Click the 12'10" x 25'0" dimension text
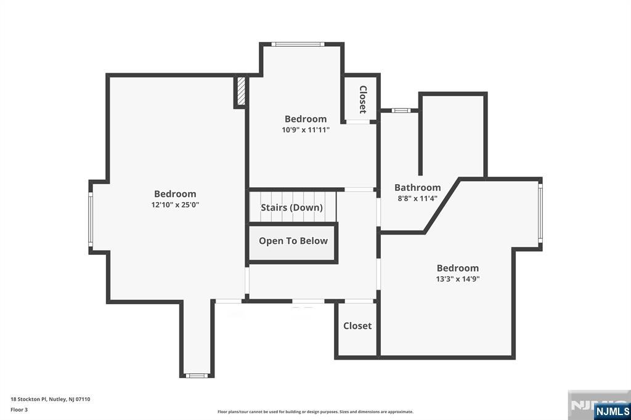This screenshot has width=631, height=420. point(175,205)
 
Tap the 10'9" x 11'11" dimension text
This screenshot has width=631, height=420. point(306,130)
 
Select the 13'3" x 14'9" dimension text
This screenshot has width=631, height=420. point(457,279)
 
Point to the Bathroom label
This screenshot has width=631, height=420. point(417,187)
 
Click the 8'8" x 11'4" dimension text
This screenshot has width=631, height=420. point(417,198)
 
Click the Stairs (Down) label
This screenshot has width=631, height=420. point(291,208)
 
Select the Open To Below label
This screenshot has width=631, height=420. point(293,241)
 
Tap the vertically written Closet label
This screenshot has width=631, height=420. point(363,99)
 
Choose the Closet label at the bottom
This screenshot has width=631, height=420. point(357,326)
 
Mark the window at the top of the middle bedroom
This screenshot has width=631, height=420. point(299,44)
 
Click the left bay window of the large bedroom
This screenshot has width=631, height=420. point(91,217)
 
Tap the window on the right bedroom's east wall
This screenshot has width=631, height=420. point(540,212)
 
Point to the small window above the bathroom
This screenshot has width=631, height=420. point(401,111)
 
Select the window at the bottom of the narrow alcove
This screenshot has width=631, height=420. point(197,375)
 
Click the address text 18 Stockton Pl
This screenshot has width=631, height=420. point(51,399)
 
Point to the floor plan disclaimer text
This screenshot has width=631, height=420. point(315,411)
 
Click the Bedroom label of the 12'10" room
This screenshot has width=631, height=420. point(175,194)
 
